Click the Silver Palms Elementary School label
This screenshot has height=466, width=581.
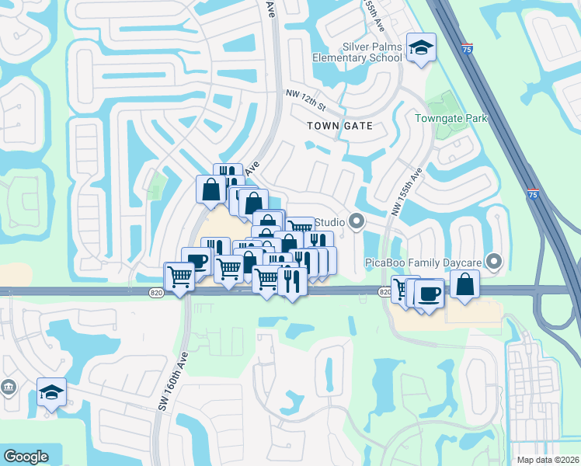[358, 52]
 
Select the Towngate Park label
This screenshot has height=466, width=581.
[451, 119]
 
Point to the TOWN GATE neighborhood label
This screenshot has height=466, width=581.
[339, 126]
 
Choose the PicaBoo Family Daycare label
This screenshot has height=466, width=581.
[423, 263]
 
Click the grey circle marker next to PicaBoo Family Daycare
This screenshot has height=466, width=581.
[492, 260]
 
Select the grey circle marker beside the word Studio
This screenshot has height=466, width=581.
[357, 223]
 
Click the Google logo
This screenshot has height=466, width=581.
[26, 457]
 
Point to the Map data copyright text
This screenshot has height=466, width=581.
[547, 460]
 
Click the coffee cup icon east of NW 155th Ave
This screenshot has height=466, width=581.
[428, 292]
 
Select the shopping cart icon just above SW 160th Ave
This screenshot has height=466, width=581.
[179, 275]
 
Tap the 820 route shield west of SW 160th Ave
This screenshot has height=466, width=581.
[156, 291]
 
